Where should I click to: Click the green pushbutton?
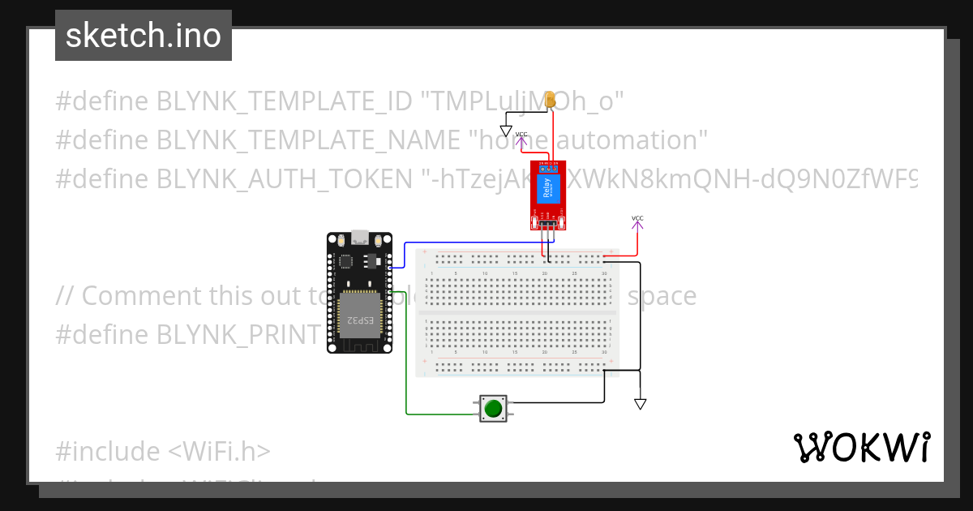coord(492,408)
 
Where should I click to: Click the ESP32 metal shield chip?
coord(358,313)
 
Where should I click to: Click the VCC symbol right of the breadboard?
coord(637,220)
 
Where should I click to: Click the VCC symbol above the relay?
coord(521,136)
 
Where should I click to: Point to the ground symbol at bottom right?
coord(641,403)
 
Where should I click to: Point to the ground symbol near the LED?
coord(506,131)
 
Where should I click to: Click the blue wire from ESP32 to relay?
coord(470,242)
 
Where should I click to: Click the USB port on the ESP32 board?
coord(360,238)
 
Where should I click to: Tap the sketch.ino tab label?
coord(144,36)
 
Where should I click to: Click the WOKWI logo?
coord(861,447)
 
